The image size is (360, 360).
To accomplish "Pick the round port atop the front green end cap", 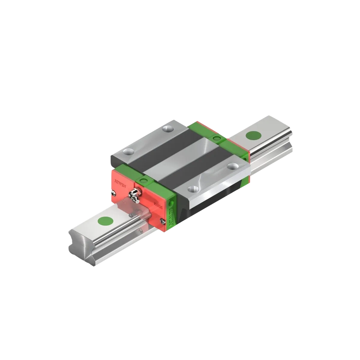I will coord(142,181).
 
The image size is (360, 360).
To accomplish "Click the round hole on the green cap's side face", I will coord(172,204).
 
